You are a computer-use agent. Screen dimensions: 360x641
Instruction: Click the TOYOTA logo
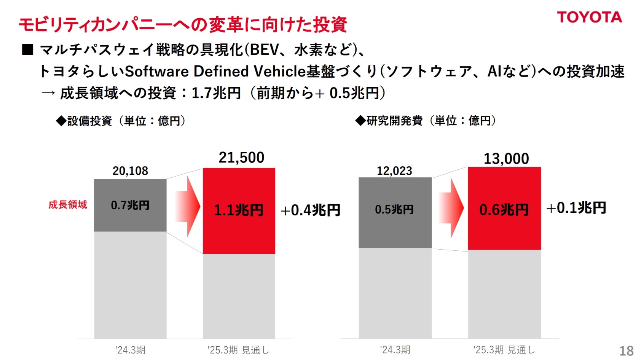[589, 17]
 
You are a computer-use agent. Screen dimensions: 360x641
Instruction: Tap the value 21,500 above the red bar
[241, 158]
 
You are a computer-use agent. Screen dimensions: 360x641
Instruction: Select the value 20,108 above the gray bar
[130, 171]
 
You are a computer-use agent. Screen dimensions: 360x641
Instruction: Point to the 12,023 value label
[394, 171]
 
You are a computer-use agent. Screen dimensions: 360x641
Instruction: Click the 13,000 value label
[506, 159]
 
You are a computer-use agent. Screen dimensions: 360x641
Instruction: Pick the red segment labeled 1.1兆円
[239, 210]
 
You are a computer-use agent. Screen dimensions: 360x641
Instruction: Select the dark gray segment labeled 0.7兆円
[130, 205]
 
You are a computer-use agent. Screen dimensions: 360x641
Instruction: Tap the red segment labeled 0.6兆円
[504, 209]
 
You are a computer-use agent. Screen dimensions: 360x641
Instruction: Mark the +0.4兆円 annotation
[310, 210]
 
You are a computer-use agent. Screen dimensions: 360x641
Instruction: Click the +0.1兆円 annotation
[576, 208]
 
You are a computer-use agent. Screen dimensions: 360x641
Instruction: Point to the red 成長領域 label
[68, 205]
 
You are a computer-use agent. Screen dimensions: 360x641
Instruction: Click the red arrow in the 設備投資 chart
[187, 206]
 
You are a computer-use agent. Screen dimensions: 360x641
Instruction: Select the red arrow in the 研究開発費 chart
[451, 208]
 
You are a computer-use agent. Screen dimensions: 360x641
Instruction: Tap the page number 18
[627, 350]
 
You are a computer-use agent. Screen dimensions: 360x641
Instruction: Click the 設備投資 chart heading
[121, 121]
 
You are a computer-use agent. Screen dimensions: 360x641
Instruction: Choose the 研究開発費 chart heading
[426, 121]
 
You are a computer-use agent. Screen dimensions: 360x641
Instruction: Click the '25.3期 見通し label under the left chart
[239, 350]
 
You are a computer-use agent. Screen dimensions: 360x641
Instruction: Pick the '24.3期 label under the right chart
[395, 350]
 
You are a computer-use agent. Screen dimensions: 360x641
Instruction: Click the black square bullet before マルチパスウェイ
[28, 50]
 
